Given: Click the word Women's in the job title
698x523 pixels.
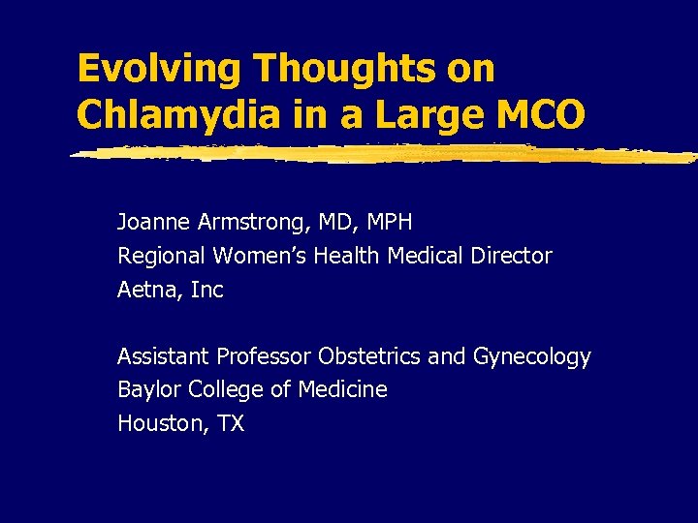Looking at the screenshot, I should coord(254,257).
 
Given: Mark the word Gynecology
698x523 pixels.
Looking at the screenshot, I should coord(531,357).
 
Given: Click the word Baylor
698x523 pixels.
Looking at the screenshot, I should coord(148,390).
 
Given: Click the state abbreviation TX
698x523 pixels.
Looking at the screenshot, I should coord(230,423).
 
